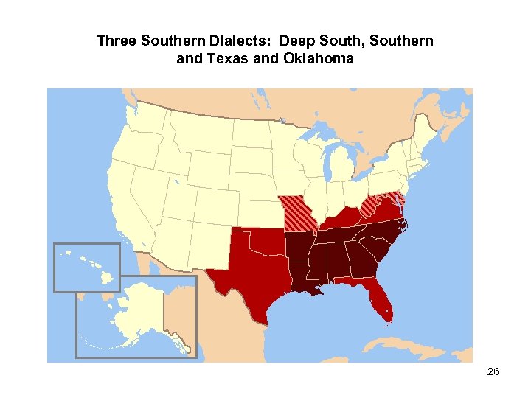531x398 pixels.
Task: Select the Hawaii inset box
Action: coord(87,267)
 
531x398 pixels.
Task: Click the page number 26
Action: coord(493,372)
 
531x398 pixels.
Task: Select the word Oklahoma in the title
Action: coord(318,58)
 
